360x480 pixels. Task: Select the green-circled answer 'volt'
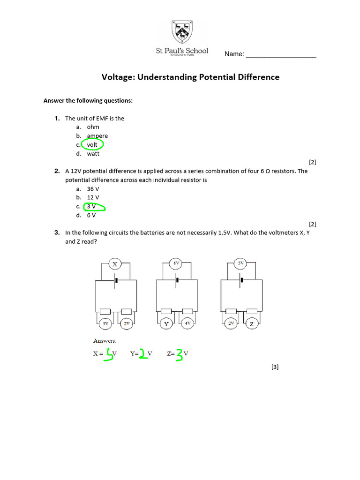point(92,145)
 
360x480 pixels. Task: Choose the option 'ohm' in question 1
point(93,127)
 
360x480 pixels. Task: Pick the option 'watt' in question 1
point(93,154)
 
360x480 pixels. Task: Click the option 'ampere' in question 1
point(97,136)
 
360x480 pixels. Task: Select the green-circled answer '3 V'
point(93,207)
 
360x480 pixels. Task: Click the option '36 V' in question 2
point(93,189)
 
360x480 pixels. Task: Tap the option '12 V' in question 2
point(93,198)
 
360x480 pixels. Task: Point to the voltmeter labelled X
point(115,264)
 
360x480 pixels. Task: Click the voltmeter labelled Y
point(166,323)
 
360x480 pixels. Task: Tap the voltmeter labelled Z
point(251,323)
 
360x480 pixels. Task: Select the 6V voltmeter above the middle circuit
point(176,264)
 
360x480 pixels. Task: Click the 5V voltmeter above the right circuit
point(240,264)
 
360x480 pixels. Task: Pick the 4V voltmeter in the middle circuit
point(187,323)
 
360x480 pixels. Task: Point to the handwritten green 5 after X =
point(110,355)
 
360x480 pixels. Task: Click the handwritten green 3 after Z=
point(179,355)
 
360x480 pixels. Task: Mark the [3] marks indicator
point(275,367)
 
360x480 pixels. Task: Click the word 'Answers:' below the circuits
point(105,341)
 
